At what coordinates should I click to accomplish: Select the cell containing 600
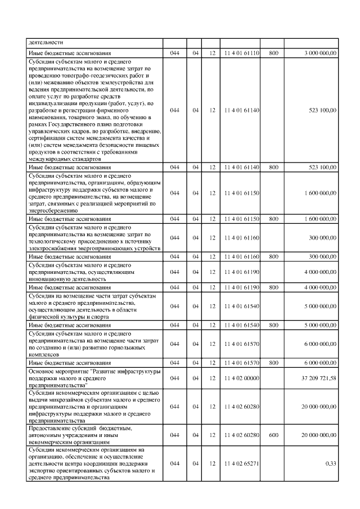click(x=274, y=435)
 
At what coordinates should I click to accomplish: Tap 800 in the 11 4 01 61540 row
click(x=274, y=325)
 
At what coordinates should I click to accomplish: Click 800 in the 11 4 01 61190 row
click(x=274, y=287)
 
